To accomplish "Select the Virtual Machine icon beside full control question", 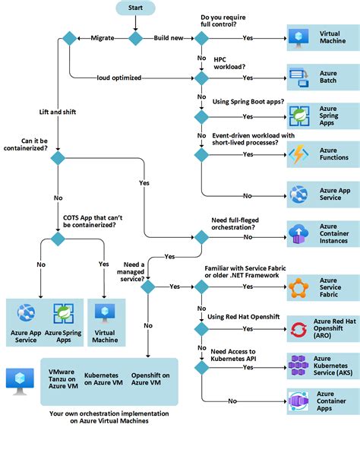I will (x=296, y=37).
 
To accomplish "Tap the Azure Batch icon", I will (x=296, y=77).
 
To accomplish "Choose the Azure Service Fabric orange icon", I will (x=296, y=287).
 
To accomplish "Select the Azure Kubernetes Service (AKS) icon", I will (x=296, y=366).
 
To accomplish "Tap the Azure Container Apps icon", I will (x=296, y=401).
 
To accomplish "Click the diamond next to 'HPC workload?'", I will (x=201, y=78).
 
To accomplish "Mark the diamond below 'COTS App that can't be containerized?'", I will (x=58, y=238).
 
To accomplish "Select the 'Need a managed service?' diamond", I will (x=148, y=287).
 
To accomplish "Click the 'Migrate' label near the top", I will (x=103, y=37).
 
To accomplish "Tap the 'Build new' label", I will (x=168, y=37).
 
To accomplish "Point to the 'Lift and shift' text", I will (x=58, y=112).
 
